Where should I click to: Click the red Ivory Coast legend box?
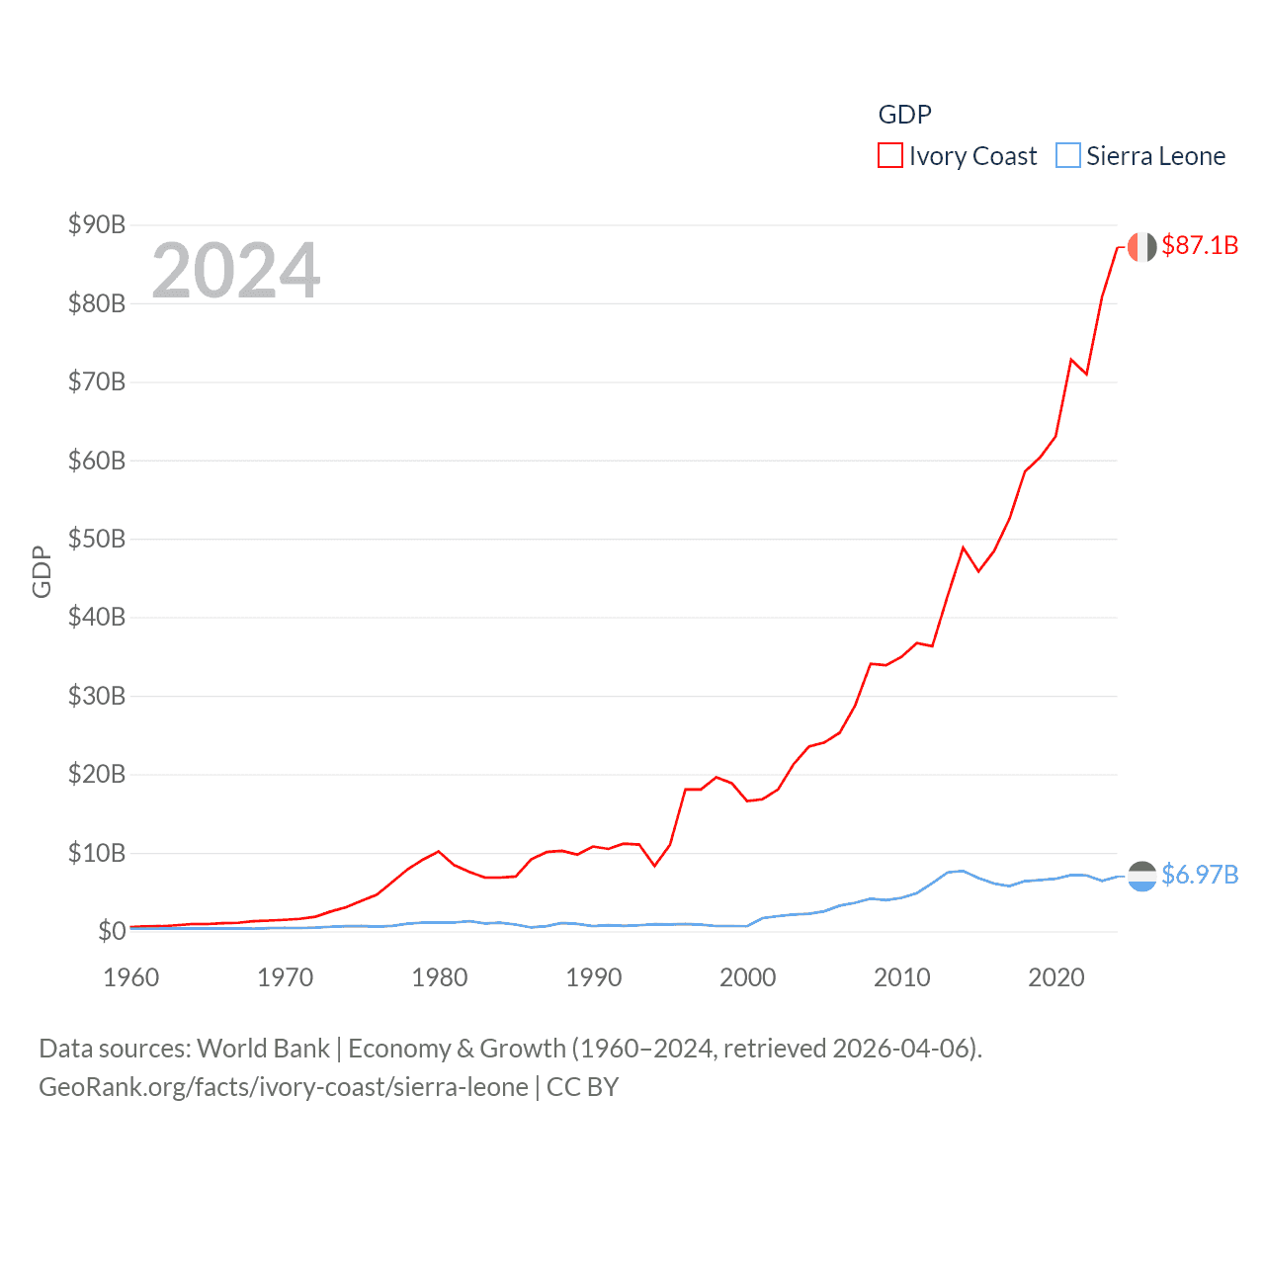pyautogui.click(x=889, y=156)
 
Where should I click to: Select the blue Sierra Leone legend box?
pyautogui.click(x=1067, y=156)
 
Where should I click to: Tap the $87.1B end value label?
pyautogui.click(x=1200, y=245)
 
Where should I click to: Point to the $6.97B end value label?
pyautogui.click(x=1200, y=875)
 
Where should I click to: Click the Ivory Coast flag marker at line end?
pyautogui.click(x=1141, y=247)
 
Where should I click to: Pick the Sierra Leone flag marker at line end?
pyautogui.click(x=1141, y=876)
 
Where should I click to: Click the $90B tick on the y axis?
pyautogui.click(x=97, y=225)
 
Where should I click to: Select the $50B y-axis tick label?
pyautogui.click(x=97, y=540)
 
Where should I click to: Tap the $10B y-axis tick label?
pyautogui.click(x=97, y=853)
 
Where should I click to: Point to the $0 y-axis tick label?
pyautogui.click(x=112, y=931)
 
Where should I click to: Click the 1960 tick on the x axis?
pyautogui.click(x=131, y=977)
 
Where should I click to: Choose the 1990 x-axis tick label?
pyautogui.click(x=594, y=977)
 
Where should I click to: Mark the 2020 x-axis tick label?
pyautogui.click(x=1056, y=977)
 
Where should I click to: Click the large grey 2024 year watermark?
pyautogui.click(x=236, y=271)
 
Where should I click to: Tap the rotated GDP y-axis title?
pyautogui.click(x=42, y=571)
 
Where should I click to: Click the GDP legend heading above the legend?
pyautogui.click(x=904, y=115)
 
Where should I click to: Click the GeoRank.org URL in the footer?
pyautogui.click(x=284, y=1087)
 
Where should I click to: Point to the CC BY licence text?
pyautogui.click(x=582, y=1087)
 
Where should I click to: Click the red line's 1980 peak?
pyautogui.click(x=438, y=851)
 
